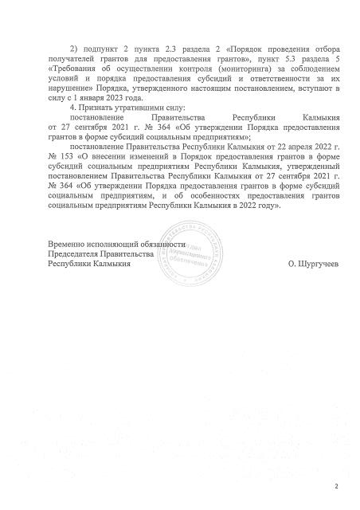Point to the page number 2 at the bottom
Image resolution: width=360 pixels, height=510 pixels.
337,484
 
